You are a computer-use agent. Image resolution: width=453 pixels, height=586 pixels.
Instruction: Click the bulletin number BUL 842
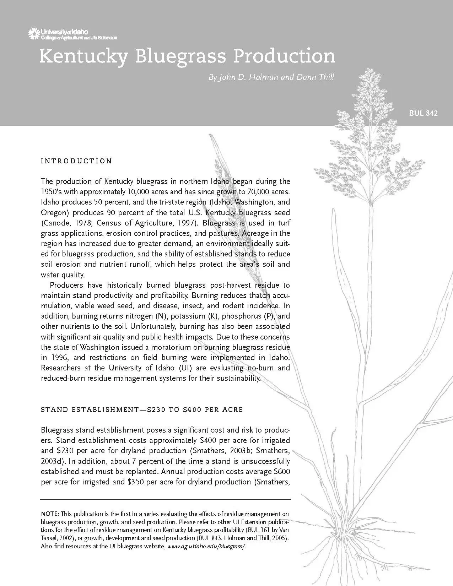tap(423, 113)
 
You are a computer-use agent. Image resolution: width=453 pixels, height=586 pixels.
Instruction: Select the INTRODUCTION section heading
tap(76, 161)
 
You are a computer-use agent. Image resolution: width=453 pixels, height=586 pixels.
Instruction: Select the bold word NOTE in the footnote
tap(50, 514)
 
